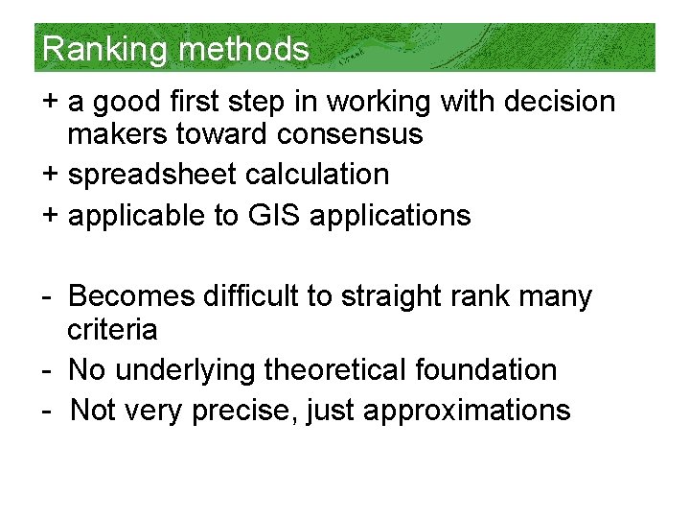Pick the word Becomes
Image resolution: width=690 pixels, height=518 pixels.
[131, 296]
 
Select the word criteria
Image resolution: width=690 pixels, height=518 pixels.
[112, 330]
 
